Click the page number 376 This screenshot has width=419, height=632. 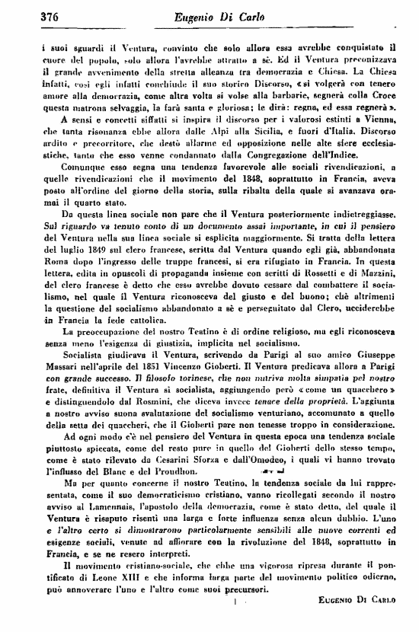coord(28,15)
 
